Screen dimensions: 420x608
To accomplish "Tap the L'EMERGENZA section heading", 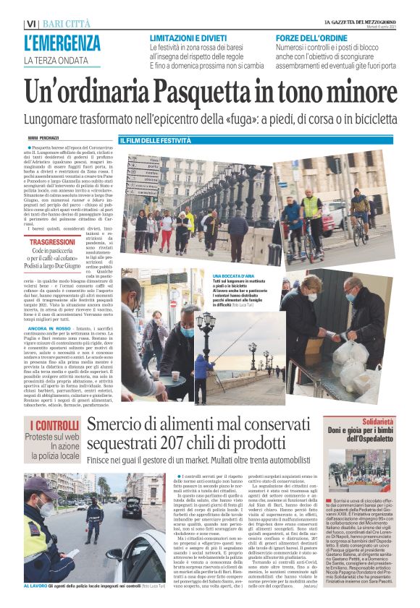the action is [62, 43].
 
